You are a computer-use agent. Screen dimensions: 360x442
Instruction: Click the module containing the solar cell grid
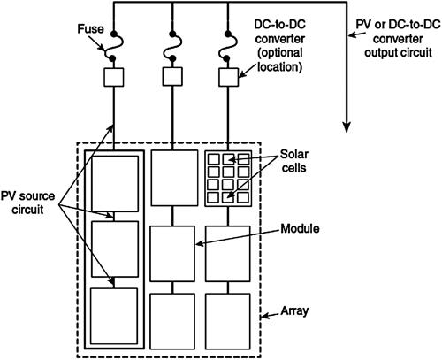point(227,178)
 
